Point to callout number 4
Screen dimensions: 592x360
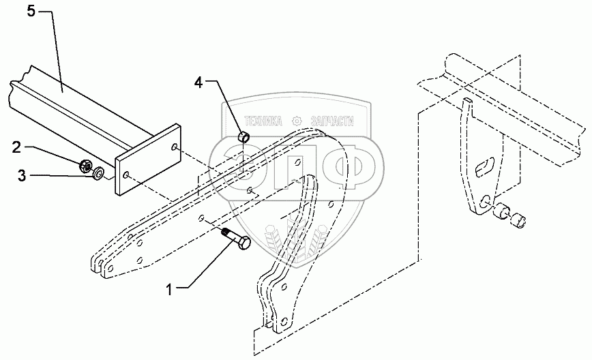click(x=198, y=82)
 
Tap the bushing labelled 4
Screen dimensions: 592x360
click(x=243, y=139)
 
